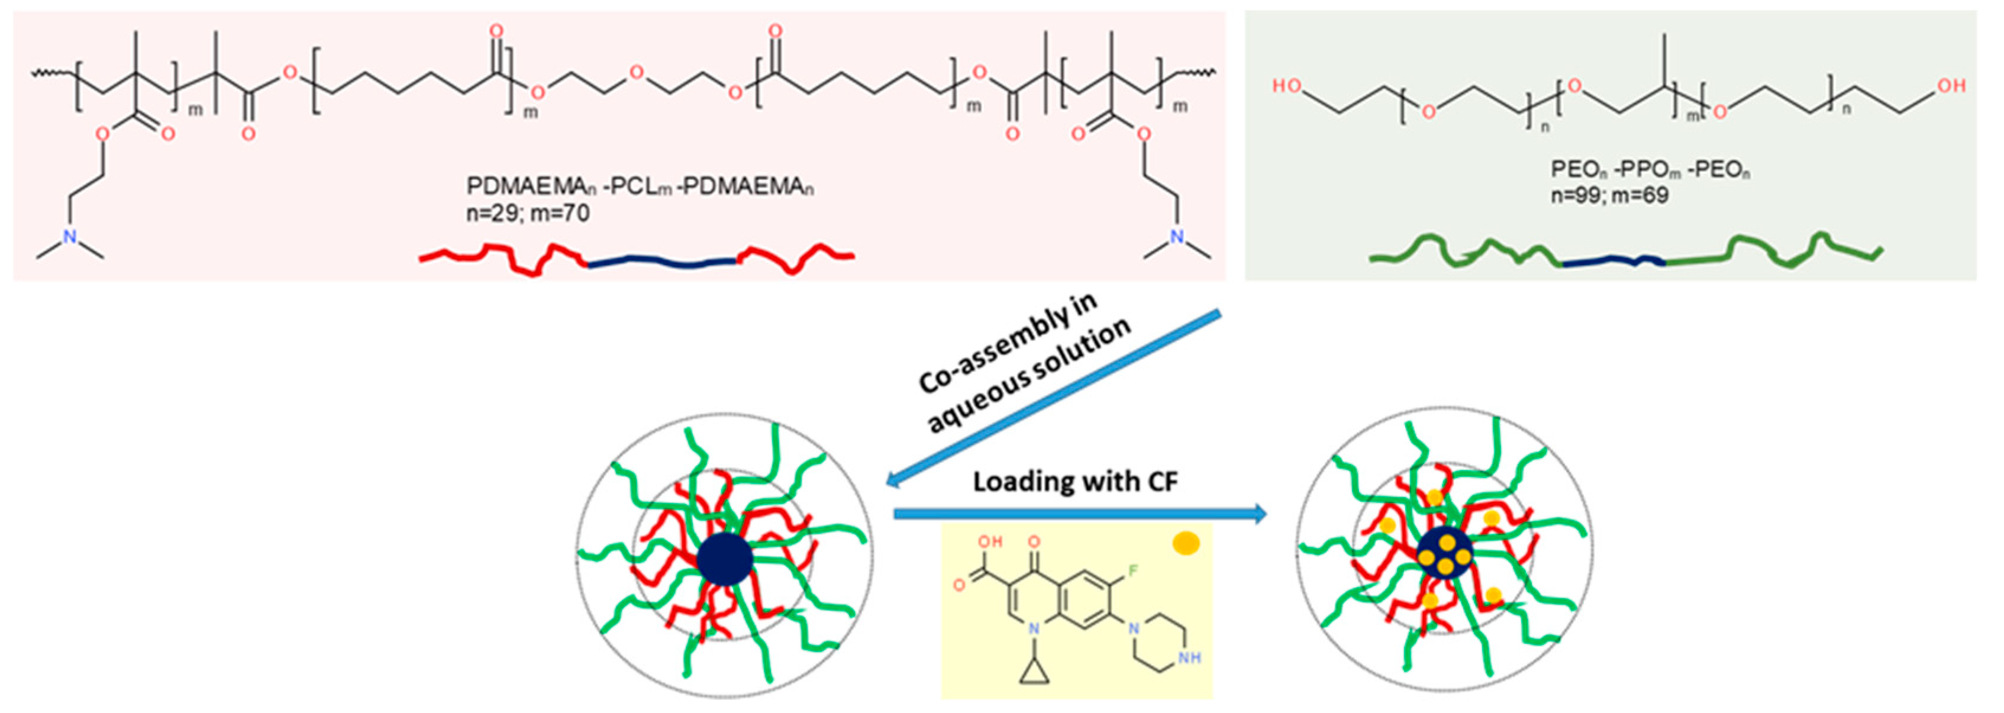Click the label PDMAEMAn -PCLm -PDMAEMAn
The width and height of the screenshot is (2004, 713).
[640, 187]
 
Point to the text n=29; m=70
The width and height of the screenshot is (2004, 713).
[527, 212]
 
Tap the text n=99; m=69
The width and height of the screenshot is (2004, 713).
[1609, 195]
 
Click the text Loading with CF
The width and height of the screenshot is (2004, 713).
[1075, 482]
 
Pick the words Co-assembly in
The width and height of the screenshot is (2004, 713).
[1008, 343]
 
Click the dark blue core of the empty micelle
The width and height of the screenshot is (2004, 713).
[724, 559]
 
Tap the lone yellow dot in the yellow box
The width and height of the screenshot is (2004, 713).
[1186, 543]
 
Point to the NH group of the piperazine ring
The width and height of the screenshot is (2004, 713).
[1189, 658]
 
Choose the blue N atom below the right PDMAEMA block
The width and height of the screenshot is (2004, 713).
[1176, 237]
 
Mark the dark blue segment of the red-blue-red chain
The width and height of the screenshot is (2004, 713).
[661, 264]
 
